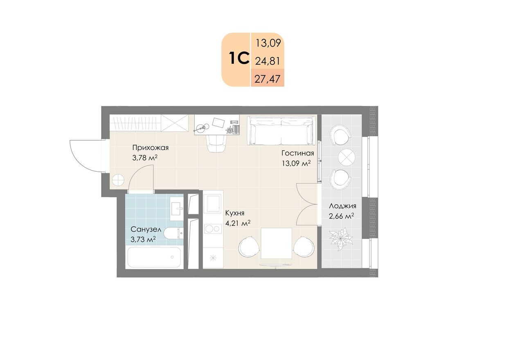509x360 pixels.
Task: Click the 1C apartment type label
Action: tap(239, 59)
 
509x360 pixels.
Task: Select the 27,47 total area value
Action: tap(267, 79)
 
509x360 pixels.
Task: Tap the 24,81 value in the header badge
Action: tap(268, 61)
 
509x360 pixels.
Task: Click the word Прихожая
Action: tap(151, 148)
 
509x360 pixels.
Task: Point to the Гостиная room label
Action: tap(298, 153)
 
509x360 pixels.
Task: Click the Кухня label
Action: tap(235, 213)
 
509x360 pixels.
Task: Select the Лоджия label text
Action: tap(342, 206)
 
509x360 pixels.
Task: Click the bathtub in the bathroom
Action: tap(154, 257)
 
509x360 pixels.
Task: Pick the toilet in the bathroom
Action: tap(173, 233)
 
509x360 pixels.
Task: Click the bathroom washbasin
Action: tap(177, 208)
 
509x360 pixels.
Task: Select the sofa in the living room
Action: tap(282, 130)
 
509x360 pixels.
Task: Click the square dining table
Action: tap(276, 243)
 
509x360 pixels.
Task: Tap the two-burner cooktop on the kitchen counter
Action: tap(213, 229)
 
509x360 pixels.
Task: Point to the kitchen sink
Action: tap(212, 203)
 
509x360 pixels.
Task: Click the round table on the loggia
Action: tap(347, 157)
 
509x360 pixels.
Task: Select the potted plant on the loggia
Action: tap(341, 239)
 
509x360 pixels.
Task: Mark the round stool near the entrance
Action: tap(118, 180)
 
